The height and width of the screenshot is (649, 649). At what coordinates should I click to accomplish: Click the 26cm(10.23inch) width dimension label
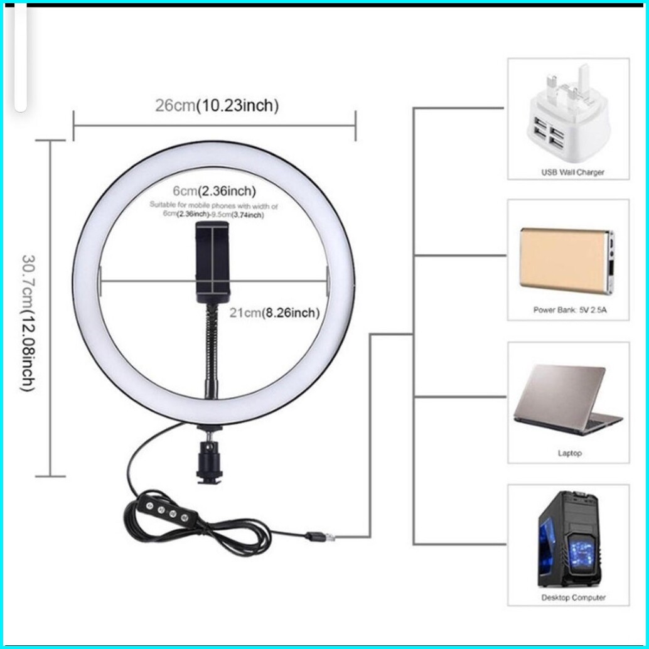coord(217,105)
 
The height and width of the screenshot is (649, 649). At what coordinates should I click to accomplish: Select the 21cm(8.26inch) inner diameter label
coord(274,312)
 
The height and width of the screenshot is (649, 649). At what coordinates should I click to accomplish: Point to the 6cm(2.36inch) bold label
coord(215,190)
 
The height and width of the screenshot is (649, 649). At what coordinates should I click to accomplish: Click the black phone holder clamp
coord(213,257)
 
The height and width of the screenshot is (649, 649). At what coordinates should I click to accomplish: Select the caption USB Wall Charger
coord(572,172)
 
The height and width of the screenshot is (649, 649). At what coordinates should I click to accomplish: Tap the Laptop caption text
coord(569,453)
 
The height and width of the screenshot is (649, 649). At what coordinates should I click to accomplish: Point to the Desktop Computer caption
coord(574,598)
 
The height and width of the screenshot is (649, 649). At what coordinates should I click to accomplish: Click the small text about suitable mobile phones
coord(213,210)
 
